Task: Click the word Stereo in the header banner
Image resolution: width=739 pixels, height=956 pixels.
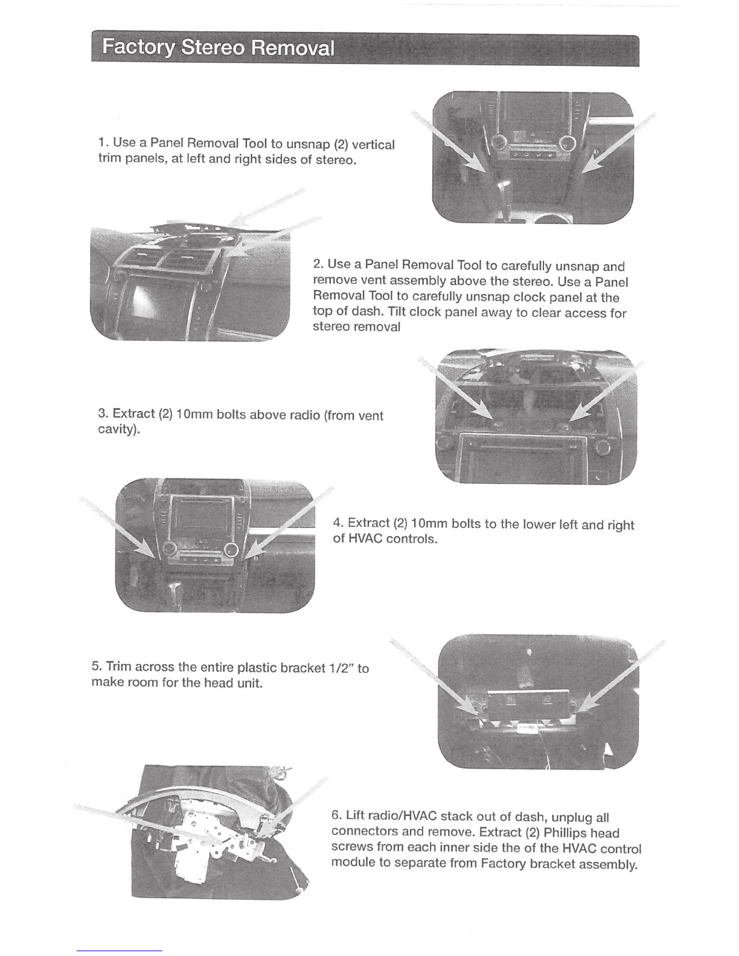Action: pos(213,48)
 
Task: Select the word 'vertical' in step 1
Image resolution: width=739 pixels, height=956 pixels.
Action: pos(374,145)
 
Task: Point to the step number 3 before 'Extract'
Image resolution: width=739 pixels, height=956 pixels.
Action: pos(102,413)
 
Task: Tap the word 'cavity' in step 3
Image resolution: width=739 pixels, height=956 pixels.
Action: pos(115,429)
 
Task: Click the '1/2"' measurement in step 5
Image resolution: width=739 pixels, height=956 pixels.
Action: pos(341,668)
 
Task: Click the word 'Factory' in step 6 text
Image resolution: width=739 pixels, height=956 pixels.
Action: pos(503,864)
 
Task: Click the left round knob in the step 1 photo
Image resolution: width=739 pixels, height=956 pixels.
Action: pos(499,142)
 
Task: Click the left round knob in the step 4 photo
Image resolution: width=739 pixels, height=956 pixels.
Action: pos(168,549)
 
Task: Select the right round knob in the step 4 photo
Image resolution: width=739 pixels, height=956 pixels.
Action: pos(231,549)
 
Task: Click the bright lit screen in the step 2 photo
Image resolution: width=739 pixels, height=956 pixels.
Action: pos(147,301)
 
